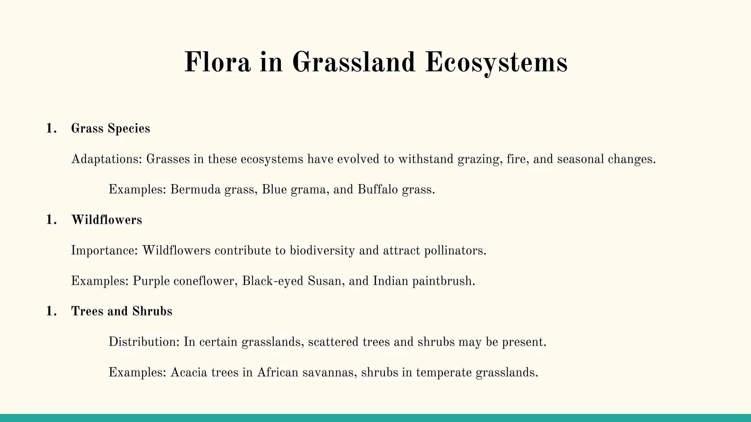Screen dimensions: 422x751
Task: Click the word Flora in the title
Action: tap(217, 62)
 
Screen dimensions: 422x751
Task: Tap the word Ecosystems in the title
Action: tap(496, 62)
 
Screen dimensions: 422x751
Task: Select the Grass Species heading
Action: tap(110, 129)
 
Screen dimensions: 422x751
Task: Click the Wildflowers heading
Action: tap(106, 220)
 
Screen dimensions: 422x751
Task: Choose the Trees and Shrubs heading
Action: tap(121, 311)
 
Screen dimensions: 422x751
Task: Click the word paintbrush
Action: tap(444, 281)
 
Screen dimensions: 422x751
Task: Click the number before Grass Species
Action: tap(51, 129)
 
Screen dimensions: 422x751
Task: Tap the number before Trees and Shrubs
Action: tap(51, 311)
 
